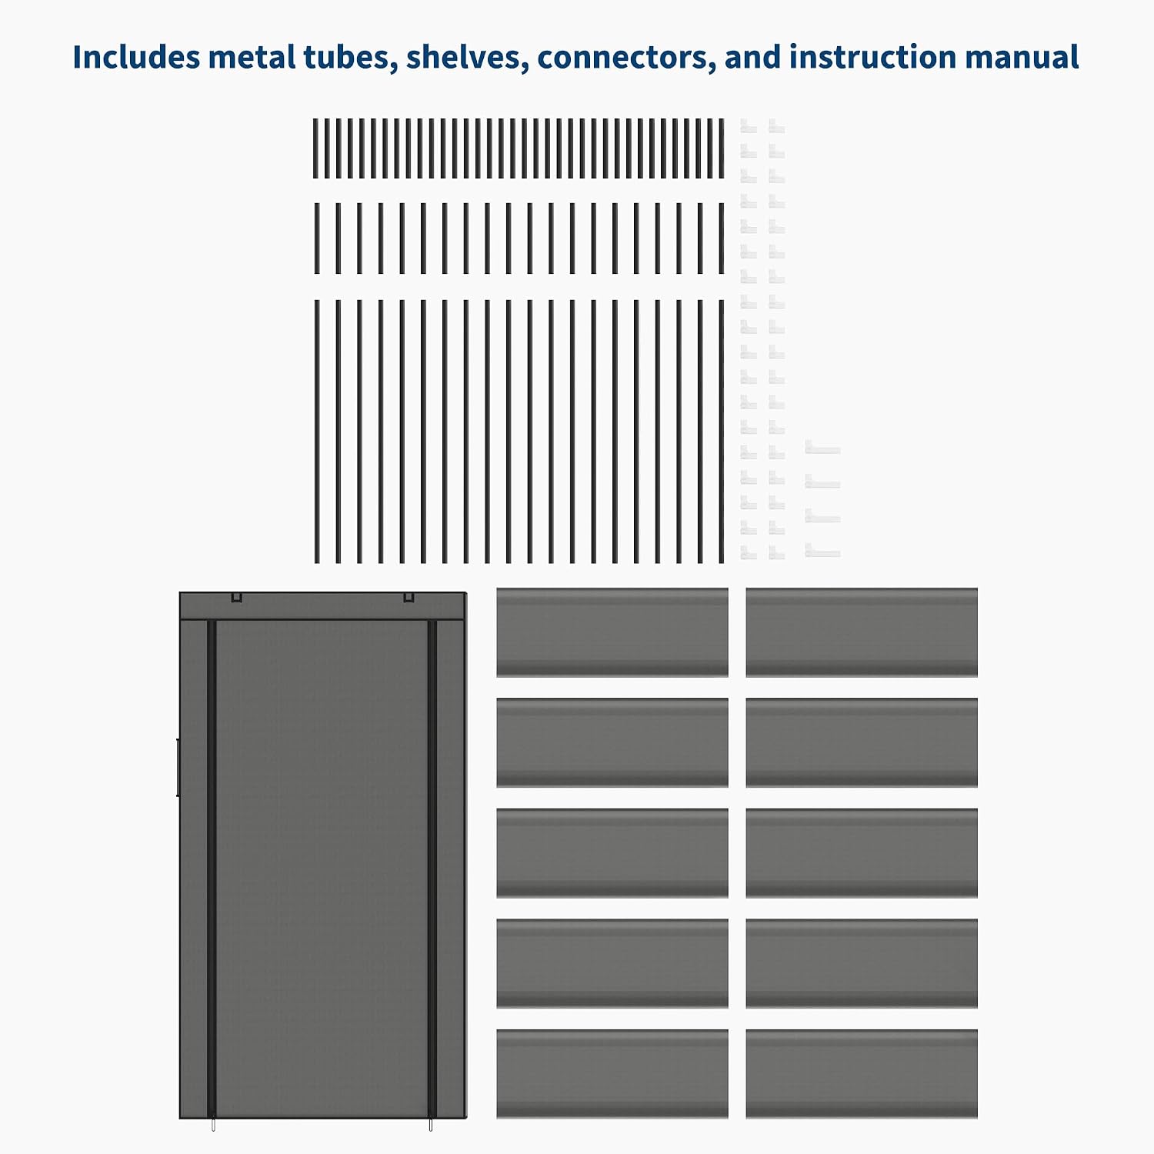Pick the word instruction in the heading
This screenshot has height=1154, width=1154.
point(872,57)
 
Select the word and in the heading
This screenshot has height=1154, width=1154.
point(752,57)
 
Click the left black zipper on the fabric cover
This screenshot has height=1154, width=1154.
point(212,868)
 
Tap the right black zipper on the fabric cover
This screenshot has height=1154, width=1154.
point(432,868)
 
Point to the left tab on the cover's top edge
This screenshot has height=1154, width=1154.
point(237,596)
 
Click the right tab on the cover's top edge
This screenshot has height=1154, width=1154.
point(409,596)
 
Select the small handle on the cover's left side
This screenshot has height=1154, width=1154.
point(178,767)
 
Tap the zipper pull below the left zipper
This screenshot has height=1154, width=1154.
point(213,1124)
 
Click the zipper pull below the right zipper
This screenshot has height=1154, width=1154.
point(431,1124)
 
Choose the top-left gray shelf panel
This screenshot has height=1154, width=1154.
point(612,632)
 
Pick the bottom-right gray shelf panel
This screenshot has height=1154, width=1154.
point(862,1074)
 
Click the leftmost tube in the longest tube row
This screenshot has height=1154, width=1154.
point(317,432)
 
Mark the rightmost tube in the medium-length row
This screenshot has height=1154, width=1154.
point(722,238)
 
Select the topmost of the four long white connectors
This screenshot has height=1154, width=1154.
point(822,447)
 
